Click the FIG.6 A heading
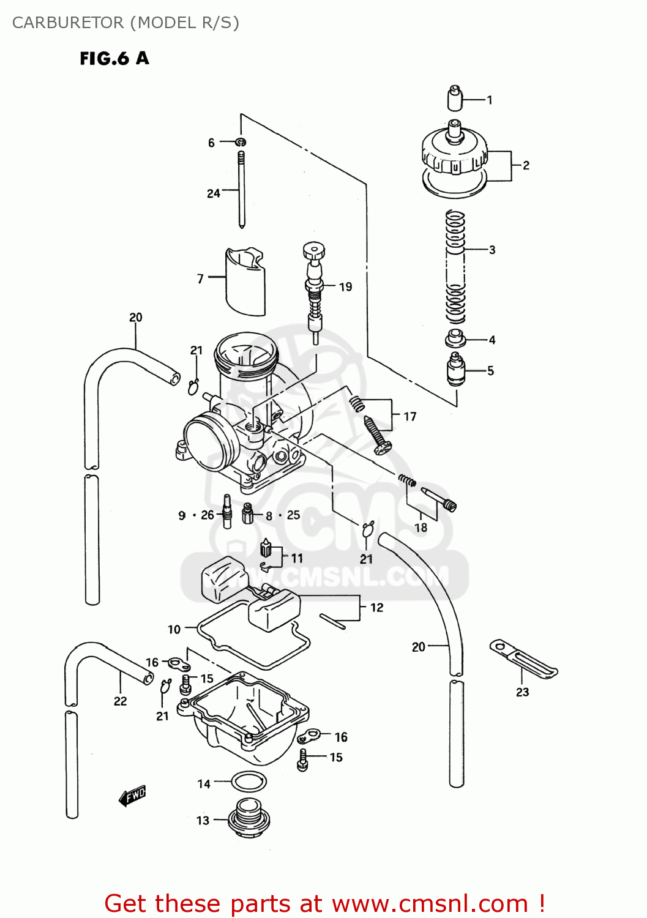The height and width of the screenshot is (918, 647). coord(114,58)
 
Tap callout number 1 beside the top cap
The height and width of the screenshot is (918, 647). coord(490,100)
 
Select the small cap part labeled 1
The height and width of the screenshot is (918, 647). coord(454,97)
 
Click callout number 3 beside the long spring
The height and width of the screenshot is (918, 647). coord(492,250)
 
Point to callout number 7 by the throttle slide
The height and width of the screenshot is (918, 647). coord(200,278)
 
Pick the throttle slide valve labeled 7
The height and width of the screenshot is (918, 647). coord(245,282)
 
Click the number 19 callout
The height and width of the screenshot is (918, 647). coord(345,286)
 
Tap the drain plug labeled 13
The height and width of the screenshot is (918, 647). coord(249,819)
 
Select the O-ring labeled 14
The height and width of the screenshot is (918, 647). coord(249,782)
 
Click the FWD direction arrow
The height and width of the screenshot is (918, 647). coord(132,796)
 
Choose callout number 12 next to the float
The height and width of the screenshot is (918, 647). coord(376,607)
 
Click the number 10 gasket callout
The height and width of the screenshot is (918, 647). coord(174,629)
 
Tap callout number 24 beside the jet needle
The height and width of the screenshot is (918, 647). coord(213,193)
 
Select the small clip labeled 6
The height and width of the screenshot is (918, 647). coord(242,143)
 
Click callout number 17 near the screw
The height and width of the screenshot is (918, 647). coord(410,416)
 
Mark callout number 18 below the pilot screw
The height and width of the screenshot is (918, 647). coord(421,528)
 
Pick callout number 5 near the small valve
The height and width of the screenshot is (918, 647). coord(490,370)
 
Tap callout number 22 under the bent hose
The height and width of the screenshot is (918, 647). coord(121,701)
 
